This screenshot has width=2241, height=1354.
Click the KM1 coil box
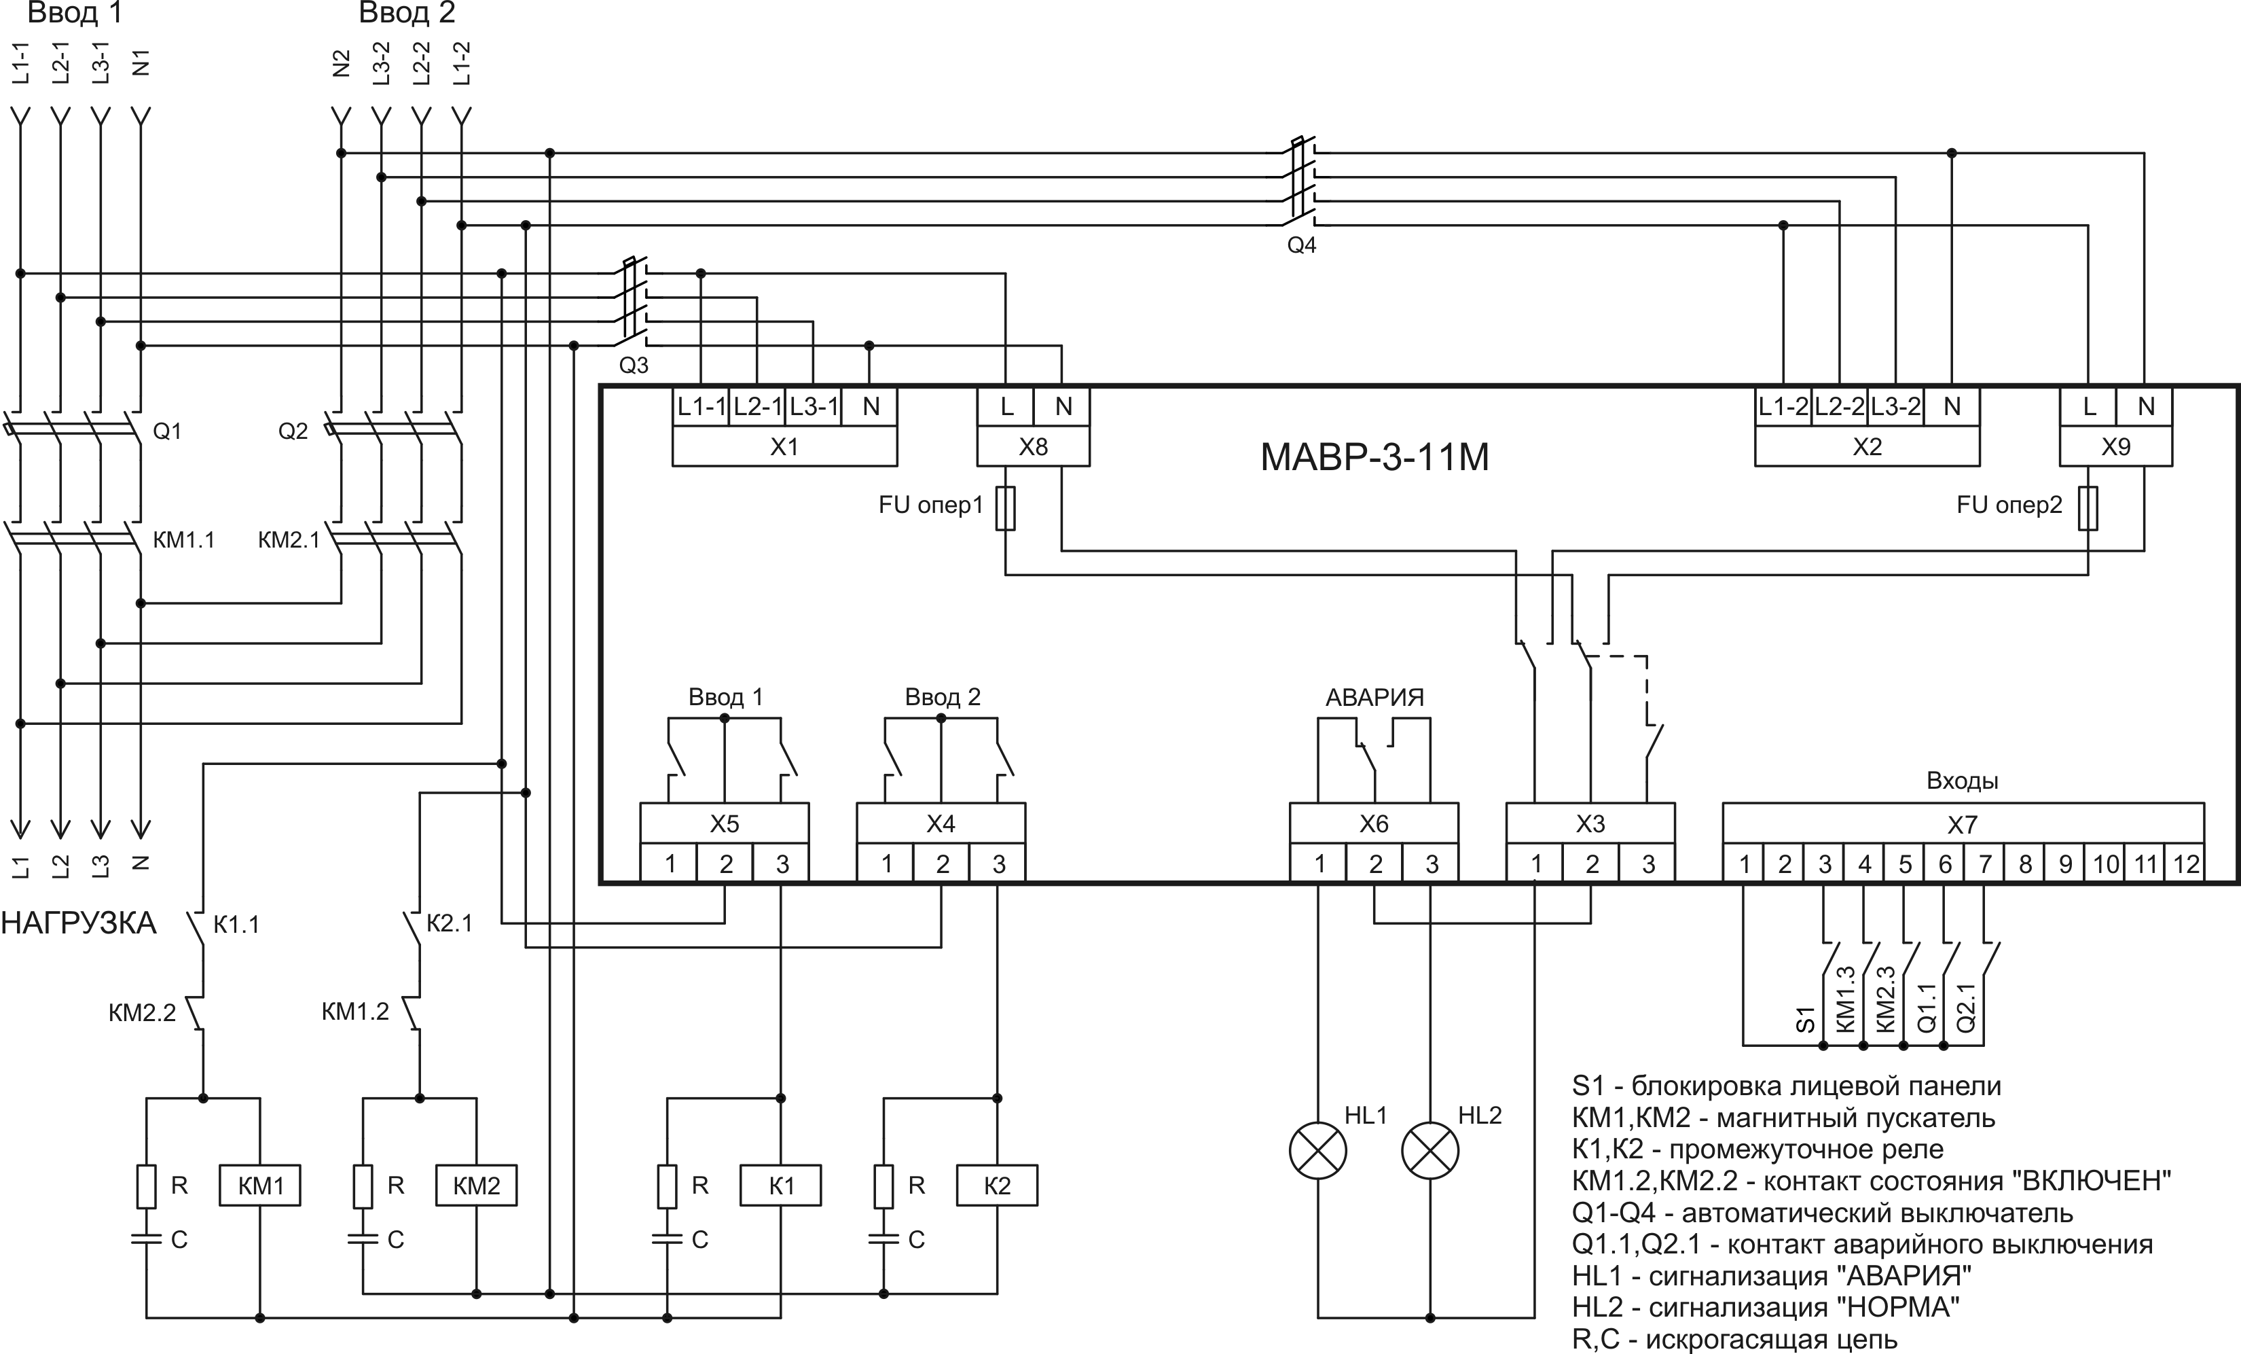click(260, 1186)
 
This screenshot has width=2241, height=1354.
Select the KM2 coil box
click(477, 1186)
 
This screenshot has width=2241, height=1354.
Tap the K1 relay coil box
click(781, 1186)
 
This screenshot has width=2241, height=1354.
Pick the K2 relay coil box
click(997, 1186)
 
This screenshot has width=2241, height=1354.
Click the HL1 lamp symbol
click(1318, 1151)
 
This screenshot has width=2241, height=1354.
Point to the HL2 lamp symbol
click(1431, 1151)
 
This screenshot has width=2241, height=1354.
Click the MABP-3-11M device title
click(1374, 457)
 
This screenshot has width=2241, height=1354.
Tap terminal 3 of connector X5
click(781, 863)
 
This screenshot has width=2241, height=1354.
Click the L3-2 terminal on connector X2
click(1895, 407)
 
